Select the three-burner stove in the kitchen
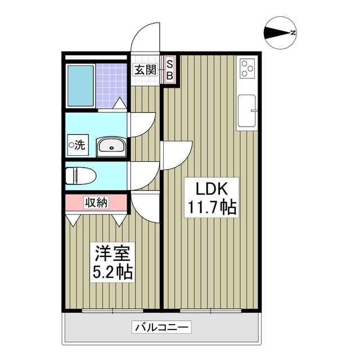[x=247, y=69]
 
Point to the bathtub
[x=80, y=86]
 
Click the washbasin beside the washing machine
[x=111, y=147]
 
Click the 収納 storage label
[x=96, y=202]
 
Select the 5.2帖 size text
[x=112, y=273]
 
